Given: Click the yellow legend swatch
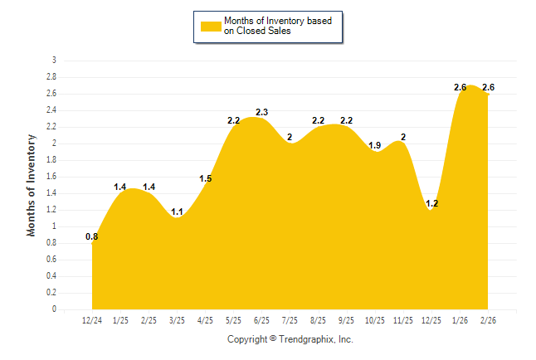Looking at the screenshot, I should tap(211, 26).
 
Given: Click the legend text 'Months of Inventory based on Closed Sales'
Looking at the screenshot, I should tap(278, 26).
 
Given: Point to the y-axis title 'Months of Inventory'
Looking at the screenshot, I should tap(32, 185).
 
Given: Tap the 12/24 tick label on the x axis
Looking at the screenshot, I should tap(92, 320).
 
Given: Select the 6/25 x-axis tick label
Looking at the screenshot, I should tap(261, 320).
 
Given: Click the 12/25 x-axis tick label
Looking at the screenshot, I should tap(431, 320).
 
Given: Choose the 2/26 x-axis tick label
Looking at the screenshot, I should tap(488, 320).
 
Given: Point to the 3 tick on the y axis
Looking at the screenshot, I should tap(54, 61).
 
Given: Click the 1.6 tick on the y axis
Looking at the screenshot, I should tap(51, 177).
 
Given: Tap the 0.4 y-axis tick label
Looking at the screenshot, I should tap(51, 276).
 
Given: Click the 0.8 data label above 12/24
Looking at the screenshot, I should tap(92, 236).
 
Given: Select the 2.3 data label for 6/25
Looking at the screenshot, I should tap(261, 112).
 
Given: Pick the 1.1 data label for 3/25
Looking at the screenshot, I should tap(177, 212).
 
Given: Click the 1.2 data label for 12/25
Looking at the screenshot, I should tap(431, 203).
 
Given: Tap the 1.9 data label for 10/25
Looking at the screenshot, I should tap(375, 145).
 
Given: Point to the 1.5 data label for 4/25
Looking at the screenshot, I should tap(205, 178).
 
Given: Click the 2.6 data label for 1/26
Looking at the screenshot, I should tap(460, 87).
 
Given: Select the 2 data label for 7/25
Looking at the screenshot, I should tap(290, 137).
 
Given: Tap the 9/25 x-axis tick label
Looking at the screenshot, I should tap(346, 320).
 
